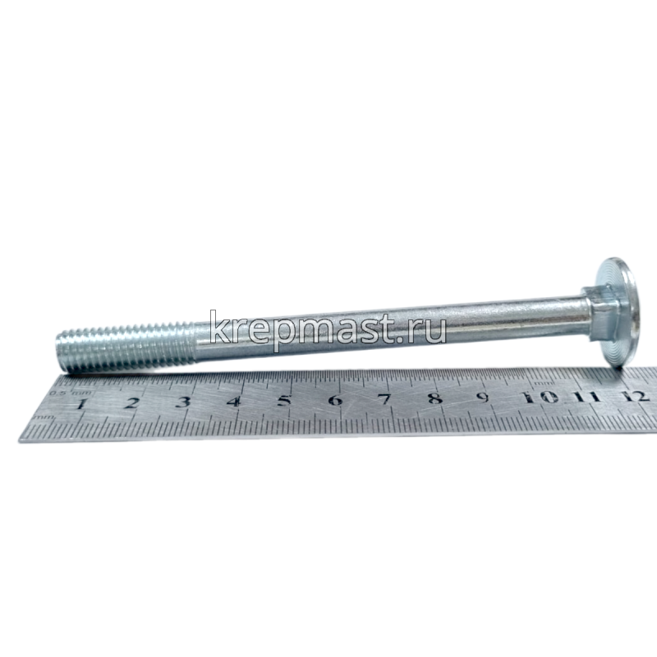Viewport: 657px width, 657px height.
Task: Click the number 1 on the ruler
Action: coord(81,405)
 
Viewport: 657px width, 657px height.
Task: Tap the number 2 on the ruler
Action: coord(131,403)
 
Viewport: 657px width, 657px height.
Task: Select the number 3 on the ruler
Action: coord(182,402)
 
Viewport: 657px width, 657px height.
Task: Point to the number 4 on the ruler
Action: coord(233,402)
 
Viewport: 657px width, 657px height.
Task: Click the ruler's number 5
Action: coord(284,401)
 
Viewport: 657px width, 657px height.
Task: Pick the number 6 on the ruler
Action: coord(334,400)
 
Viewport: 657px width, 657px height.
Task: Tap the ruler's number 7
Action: coord(384,399)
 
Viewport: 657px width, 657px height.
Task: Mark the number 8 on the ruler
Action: coord(434,398)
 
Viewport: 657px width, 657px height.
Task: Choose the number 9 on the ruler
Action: coord(484,397)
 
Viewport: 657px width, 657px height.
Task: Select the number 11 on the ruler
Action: coord(586,396)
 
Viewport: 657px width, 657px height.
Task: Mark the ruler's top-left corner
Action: coord(59,380)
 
